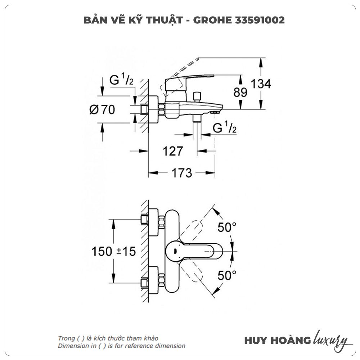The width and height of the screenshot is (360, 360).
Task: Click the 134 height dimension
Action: pos(261,84)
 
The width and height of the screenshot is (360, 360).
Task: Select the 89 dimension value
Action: pos(240,93)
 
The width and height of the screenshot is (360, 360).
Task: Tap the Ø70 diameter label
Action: pos(102,109)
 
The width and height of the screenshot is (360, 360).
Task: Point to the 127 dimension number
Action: pos(173,151)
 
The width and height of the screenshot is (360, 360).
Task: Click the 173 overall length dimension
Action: pos(181,173)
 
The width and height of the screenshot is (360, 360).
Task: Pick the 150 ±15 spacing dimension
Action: pos(113,251)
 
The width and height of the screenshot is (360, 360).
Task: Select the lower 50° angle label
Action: pos(227,276)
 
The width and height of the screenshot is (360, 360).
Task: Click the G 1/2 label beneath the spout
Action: pos(224,127)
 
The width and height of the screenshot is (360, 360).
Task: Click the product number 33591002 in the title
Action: pos(260,20)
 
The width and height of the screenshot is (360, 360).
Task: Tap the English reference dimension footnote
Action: pos(122,346)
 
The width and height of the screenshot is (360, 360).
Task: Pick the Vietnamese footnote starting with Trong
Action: pos(108,338)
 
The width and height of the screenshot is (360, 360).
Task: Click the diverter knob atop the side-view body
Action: pos(197,96)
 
